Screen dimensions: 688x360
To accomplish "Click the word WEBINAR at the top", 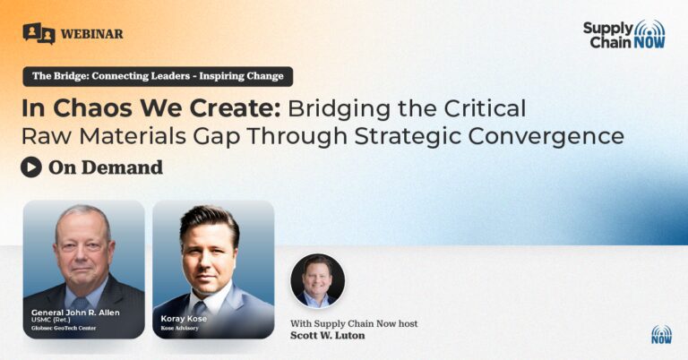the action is point(91,34).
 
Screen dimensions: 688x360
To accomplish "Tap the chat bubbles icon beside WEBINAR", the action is point(39,33).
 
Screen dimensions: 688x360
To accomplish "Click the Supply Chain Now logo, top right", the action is point(623,34).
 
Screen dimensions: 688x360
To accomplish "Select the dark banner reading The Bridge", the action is point(158,76).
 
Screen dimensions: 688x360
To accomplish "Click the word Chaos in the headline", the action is point(92,108).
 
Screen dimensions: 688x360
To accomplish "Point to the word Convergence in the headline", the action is point(546,136).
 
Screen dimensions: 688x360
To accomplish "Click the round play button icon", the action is point(31,167).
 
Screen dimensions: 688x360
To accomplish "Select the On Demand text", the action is point(106,167).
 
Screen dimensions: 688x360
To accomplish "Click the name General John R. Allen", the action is point(75,313).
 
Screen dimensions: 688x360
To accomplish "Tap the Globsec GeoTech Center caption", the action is point(64,328).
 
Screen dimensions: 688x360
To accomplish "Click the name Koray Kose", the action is point(184,319).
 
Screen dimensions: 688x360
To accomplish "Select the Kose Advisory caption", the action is point(179,328).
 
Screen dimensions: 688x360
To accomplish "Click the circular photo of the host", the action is point(318,280).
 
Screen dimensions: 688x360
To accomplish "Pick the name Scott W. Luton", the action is point(327,336).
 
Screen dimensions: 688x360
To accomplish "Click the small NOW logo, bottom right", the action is point(662,335).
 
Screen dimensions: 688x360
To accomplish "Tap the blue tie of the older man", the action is point(80,304).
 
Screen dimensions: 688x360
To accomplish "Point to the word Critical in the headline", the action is point(485,108).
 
